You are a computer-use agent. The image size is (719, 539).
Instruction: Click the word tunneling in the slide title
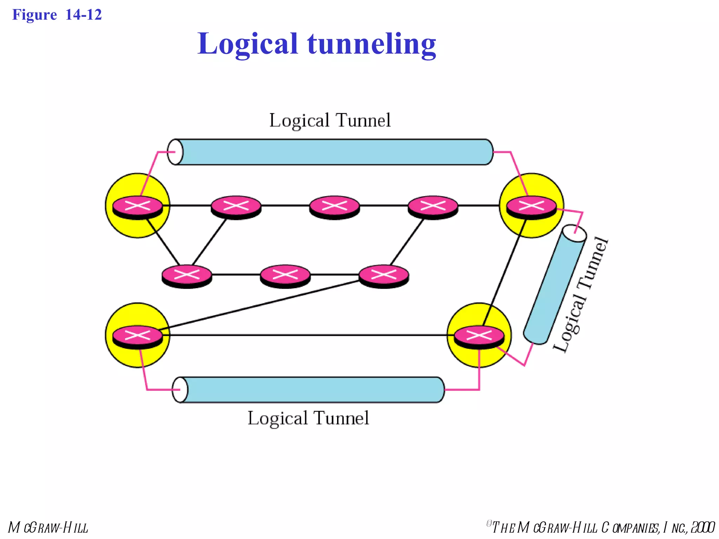point(371,44)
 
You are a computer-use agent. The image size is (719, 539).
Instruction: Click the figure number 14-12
point(84,15)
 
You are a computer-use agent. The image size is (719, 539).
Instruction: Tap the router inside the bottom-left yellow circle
point(138,336)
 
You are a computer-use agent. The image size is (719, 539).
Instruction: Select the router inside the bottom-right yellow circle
point(479,336)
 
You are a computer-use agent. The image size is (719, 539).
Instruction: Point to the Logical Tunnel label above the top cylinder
point(330,120)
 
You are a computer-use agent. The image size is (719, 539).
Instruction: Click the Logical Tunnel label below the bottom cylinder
point(308,418)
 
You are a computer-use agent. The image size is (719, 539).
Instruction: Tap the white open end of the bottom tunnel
point(180,390)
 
